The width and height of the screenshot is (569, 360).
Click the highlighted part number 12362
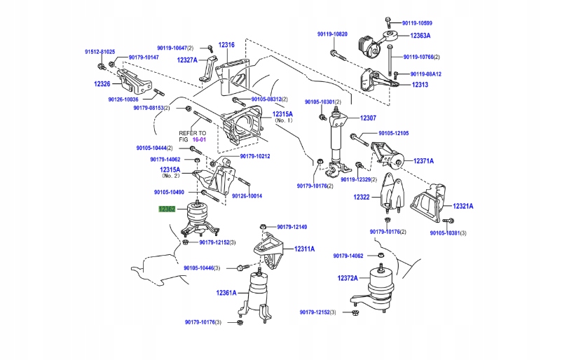point(167,209)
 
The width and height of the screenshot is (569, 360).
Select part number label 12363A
point(420,35)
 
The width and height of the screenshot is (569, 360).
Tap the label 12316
point(226,45)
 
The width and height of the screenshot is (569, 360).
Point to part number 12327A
point(187,60)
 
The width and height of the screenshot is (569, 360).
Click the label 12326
point(102,84)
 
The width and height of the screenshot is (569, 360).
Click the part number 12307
point(369,118)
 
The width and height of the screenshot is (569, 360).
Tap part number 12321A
point(462,206)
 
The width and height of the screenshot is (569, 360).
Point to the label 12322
point(361,198)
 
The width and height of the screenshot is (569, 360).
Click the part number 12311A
point(304,249)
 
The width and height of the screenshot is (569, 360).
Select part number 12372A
point(348,278)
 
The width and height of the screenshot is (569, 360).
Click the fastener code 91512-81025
point(100,52)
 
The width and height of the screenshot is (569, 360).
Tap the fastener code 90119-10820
point(332,34)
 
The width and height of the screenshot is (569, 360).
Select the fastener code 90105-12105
point(394,133)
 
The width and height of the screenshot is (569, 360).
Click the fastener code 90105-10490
point(169,192)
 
